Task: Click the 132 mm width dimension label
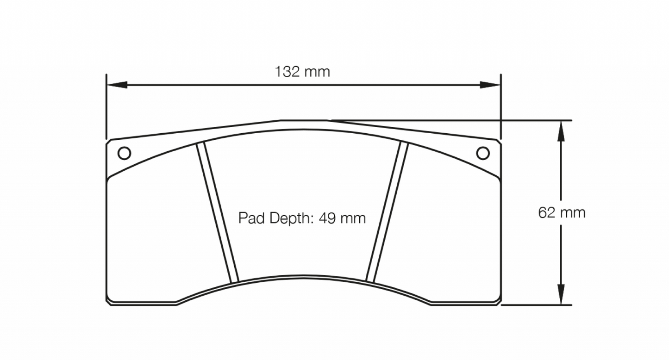point(302,72)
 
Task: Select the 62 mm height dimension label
point(562,213)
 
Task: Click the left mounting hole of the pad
point(124,153)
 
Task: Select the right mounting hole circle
point(483,153)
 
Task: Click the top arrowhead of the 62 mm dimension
point(561,130)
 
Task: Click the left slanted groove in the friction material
point(217,213)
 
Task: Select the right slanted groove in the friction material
point(387,213)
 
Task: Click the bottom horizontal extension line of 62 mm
point(537,305)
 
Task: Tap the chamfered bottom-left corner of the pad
point(109,302)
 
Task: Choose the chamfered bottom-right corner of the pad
point(498,302)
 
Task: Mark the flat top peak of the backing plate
point(303,120)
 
